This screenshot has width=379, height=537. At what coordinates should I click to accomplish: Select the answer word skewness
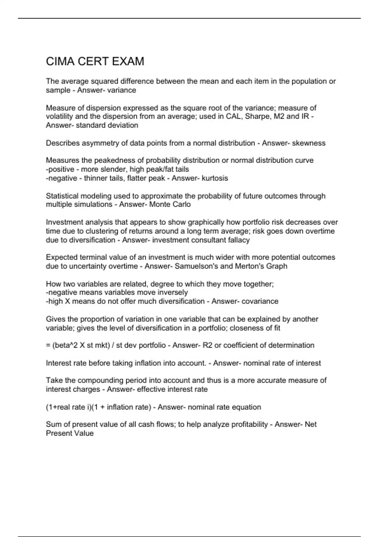click(x=309, y=143)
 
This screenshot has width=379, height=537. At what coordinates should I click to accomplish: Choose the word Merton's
click(x=248, y=266)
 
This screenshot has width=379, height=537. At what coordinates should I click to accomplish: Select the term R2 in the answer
click(x=208, y=345)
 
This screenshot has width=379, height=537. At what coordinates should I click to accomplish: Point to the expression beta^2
click(x=66, y=345)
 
